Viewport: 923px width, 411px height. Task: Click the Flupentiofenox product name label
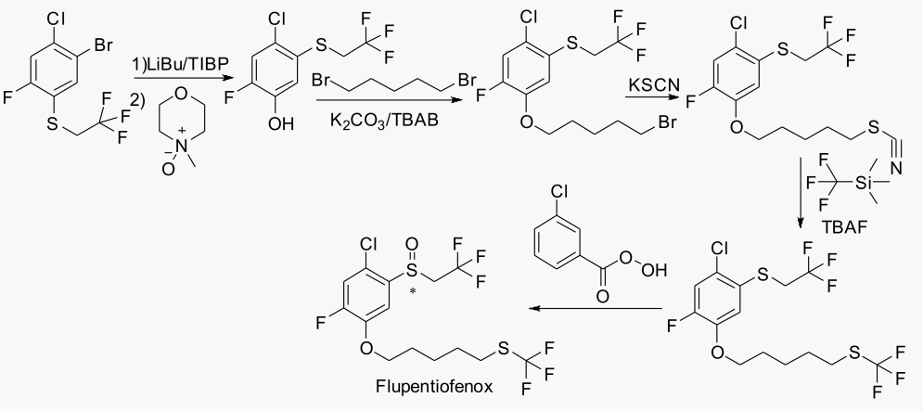(x=434, y=386)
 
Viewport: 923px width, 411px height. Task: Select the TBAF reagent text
(x=846, y=226)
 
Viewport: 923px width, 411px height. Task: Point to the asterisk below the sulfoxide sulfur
(x=412, y=289)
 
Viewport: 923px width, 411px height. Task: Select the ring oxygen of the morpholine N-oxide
(x=181, y=93)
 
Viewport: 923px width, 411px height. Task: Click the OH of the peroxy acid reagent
(x=657, y=271)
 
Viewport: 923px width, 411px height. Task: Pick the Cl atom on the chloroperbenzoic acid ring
(x=558, y=192)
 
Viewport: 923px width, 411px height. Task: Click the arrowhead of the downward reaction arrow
(x=800, y=224)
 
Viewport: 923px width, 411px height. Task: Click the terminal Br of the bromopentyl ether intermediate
(x=667, y=123)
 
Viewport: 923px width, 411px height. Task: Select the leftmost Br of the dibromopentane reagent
(x=323, y=79)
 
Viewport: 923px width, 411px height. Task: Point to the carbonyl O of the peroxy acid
(x=602, y=296)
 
